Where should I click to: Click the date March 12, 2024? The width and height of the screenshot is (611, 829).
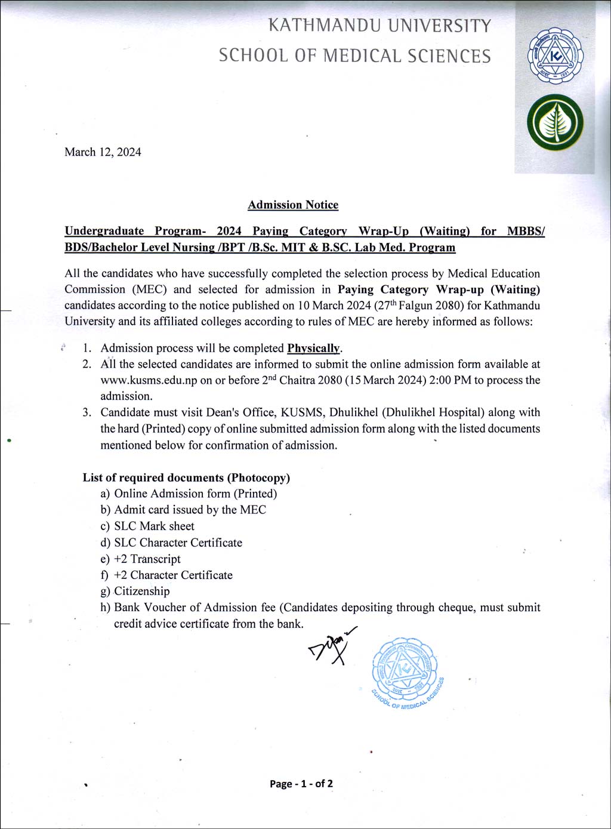tap(103, 152)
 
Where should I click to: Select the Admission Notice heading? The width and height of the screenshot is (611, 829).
tap(293, 205)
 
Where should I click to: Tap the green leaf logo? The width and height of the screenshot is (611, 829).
tap(555, 122)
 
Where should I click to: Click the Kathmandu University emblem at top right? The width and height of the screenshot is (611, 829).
tap(555, 57)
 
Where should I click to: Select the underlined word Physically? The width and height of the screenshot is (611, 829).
tap(314, 348)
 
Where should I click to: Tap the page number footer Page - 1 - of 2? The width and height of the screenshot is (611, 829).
tap(301, 784)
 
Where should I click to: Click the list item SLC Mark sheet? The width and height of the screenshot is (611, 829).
tap(154, 526)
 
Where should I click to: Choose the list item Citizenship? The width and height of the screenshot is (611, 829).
tap(141, 591)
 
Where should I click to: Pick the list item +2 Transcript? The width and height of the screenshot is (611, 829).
tap(147, 559)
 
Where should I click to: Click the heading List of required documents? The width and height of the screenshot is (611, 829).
tap(186, 477)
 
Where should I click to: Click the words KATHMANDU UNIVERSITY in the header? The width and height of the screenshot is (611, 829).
tap(379, 26)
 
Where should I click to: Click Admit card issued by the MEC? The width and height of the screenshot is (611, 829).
tap(190, 510)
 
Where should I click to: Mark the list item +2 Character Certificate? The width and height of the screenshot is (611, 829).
tap(173, 575)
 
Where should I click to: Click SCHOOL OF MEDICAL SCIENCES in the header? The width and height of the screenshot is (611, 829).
tap(354, 56)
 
